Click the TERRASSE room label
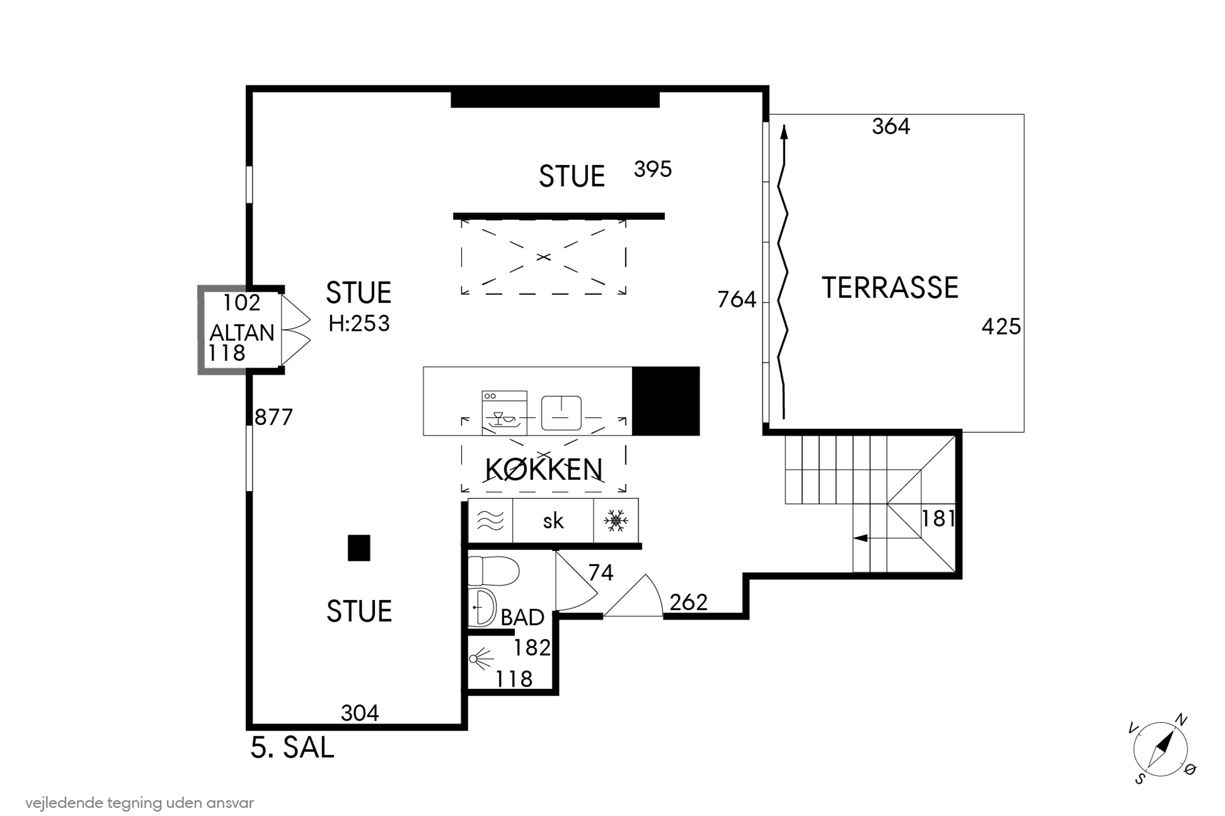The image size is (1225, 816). coord(890,288)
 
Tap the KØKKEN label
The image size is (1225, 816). coord(544,470)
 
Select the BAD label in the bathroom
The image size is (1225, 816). coord(522,617)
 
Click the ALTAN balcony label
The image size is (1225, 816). coord(242,333)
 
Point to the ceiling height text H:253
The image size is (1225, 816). coord(359,324)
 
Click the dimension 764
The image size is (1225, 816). coord(737,300)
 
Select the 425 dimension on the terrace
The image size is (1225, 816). coord(1001,327)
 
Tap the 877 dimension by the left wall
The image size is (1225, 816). coord(274,417)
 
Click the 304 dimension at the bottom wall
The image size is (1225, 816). coord(360,713)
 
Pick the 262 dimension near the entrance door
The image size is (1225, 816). coord(688,603)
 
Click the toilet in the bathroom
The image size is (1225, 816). coord(493,571)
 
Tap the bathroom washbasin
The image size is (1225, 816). coord(482,608)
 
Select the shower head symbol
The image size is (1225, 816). coord(481,659)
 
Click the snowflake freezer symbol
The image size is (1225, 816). coord(616,521)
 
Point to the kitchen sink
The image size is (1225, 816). coord(561,413)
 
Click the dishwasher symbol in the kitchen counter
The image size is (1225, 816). coord(504,412)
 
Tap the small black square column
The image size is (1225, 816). coord(359,548)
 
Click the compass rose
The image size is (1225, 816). coord(1161,750)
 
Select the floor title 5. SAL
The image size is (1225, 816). coord(292,748)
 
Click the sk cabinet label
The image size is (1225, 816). coord(553,521)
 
